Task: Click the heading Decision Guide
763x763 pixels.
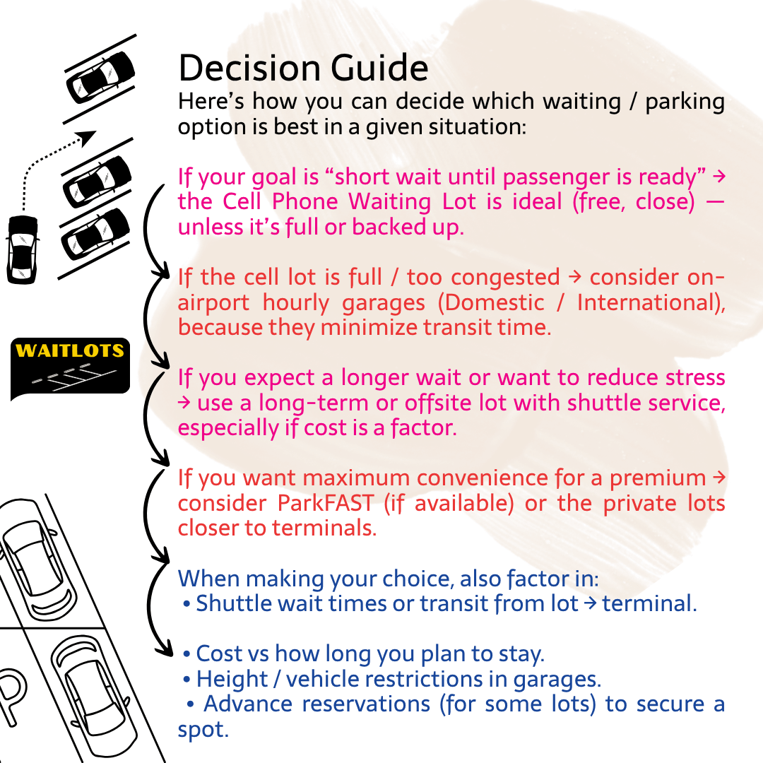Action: [x=303, y=69]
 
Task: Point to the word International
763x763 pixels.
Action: [x=650, y=302]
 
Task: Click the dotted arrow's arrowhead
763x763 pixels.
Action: [x=87, y=136]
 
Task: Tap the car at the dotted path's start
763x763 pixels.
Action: [x=23, y=249]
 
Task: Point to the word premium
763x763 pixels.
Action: [x=657, y=478]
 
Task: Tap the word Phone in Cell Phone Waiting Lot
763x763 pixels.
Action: [x=302, y=201]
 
